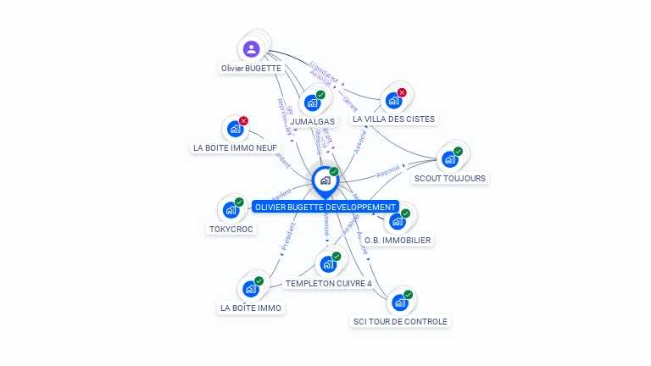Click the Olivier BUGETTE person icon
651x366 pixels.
click(x=251, y=49)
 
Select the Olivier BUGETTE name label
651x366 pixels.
click(x=251, y=68)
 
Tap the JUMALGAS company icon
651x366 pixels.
click(x=312, y=103)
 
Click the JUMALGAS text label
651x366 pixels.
click(x=312, y=121)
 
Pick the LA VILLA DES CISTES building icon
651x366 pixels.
click(x=393, y=101)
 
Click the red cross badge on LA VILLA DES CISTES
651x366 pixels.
click(x=402, y=92)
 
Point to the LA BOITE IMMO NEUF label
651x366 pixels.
click(x=235, y=147)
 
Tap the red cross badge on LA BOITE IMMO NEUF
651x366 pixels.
click(x=243, y=121)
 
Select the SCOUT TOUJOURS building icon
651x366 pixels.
click(x=449, y=159)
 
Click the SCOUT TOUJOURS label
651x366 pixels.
click(x=449, y=178)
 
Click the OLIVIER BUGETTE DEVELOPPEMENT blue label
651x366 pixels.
click(x=325, y=207)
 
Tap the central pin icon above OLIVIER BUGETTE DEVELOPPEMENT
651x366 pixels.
click(x=325, y=180)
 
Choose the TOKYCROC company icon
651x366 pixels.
click(x=231, y=210)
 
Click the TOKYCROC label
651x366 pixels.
click(x=231, y=229)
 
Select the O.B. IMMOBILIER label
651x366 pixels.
click(x=398, y=240)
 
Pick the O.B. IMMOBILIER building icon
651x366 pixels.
click(x=397, y=221)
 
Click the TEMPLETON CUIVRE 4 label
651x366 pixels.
click(x=329, y=283)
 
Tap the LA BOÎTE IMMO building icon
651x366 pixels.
click(x=250, y=289)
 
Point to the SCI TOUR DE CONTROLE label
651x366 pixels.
click(x=400, y=321)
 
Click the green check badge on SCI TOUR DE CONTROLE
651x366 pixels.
click(x=408, y=295)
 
